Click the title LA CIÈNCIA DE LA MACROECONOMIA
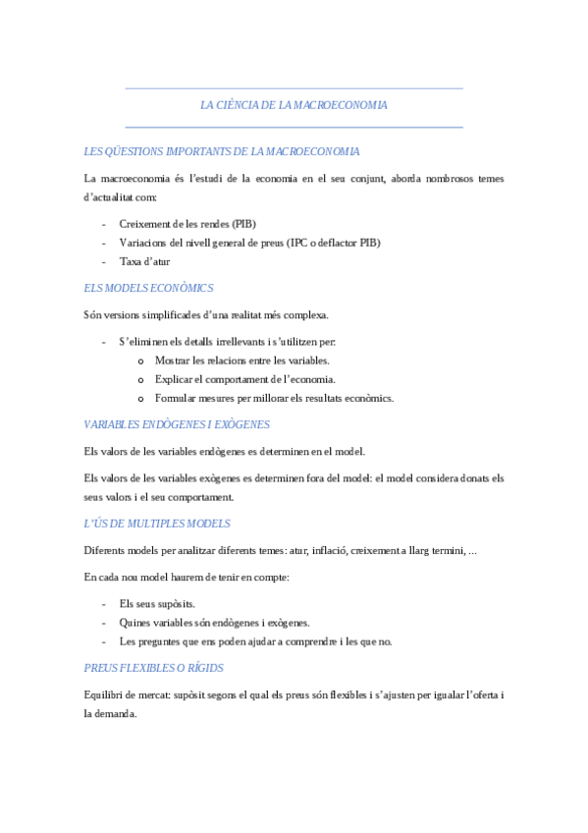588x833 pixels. point(294,105)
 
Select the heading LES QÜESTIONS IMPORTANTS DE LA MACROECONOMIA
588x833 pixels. point(222,152)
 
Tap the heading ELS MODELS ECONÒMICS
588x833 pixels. point(149,289)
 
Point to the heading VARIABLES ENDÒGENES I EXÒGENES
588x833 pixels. point(178,424)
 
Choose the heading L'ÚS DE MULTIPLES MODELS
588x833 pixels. point(158,524)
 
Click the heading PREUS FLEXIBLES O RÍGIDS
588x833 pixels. point(154,668)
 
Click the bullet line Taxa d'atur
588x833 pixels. point(144,262)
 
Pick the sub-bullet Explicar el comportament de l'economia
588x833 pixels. point(245,379)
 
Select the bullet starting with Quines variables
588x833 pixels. point(214,623)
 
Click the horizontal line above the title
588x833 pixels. point(294,89)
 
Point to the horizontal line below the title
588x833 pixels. point(294,127)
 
